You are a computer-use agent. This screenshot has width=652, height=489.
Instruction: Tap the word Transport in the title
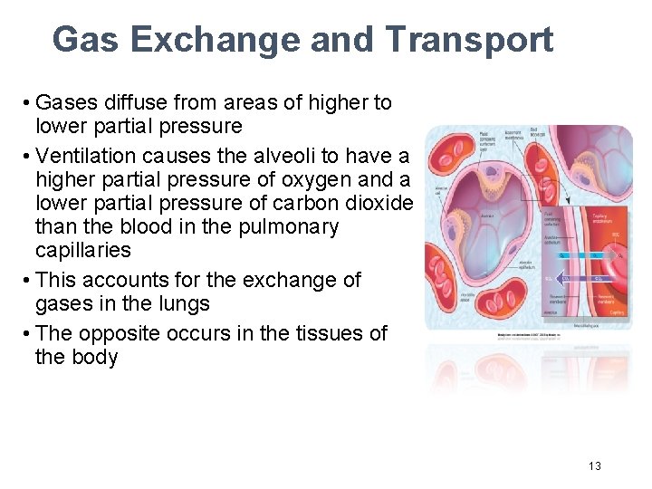468,40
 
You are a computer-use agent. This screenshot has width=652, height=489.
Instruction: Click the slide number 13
594,465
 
